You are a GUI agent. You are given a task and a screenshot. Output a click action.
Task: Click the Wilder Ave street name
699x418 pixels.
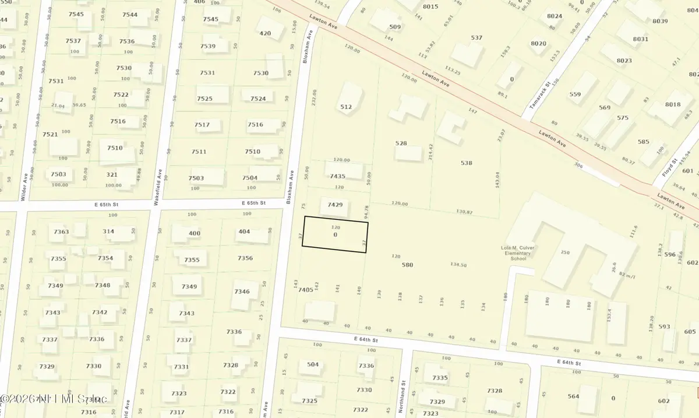point(24,187)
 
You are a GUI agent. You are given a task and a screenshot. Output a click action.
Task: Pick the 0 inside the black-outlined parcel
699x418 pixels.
point(335,234)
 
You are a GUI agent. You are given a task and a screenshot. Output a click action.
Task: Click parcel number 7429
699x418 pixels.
point(335,205)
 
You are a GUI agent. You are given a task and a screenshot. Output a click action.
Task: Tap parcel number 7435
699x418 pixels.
point(338,176)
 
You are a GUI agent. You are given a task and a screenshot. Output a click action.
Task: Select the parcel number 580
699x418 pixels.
point(407,265)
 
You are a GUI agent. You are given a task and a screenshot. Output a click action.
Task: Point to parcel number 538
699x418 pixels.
point(466,163)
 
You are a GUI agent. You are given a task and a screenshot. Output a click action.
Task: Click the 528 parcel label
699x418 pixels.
point(401,143)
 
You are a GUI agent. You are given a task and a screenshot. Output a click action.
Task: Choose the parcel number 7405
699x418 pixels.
point(306,290)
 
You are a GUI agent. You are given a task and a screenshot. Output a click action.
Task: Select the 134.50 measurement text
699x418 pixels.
point(458,265)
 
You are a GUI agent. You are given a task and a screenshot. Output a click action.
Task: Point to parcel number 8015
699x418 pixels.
point(430,6)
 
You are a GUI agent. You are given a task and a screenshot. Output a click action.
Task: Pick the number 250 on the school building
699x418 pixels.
point(564,252)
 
